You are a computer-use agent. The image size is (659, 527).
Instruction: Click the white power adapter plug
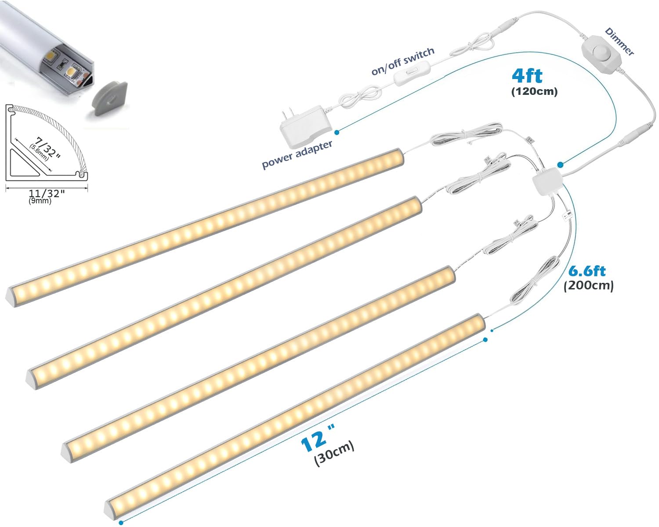tap(306, 126)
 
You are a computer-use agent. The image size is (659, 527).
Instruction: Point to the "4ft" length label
tap(527, 76)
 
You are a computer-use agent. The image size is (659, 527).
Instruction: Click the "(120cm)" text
tap(534, 91)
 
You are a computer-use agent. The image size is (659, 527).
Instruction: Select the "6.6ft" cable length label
tap(587, 271)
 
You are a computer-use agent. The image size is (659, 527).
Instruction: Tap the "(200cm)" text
tap(589, 285)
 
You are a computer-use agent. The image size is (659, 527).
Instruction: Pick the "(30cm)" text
tap(334, 454)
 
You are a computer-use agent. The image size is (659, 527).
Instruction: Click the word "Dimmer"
tap(619, 42)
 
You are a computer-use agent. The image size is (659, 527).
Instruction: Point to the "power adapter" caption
tap(297, 154)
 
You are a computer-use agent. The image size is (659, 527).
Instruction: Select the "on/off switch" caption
tap(403, 61)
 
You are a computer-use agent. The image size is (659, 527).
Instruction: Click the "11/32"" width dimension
tap(47, 193)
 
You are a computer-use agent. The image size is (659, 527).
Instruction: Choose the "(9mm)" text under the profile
tap(40, 201)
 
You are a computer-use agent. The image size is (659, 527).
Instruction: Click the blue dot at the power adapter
tap(337, 132)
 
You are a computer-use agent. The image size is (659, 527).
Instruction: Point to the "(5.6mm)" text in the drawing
tap(39, 152)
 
